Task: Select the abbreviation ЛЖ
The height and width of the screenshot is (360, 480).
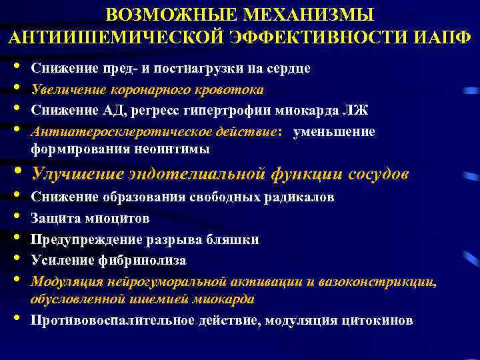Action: (357, 111)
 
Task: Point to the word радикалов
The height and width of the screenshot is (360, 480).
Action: (296, 197)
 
